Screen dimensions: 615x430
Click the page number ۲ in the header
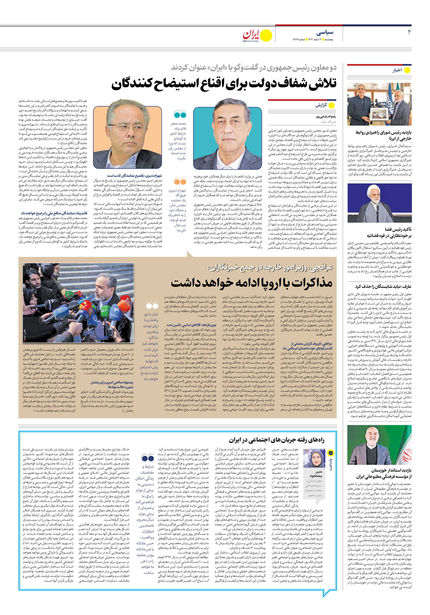pos(409,32)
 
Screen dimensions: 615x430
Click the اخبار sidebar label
pos(397,70)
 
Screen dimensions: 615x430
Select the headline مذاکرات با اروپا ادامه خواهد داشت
pos(251,283)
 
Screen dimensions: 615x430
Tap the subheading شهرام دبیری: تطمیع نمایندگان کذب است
pos(134,175)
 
